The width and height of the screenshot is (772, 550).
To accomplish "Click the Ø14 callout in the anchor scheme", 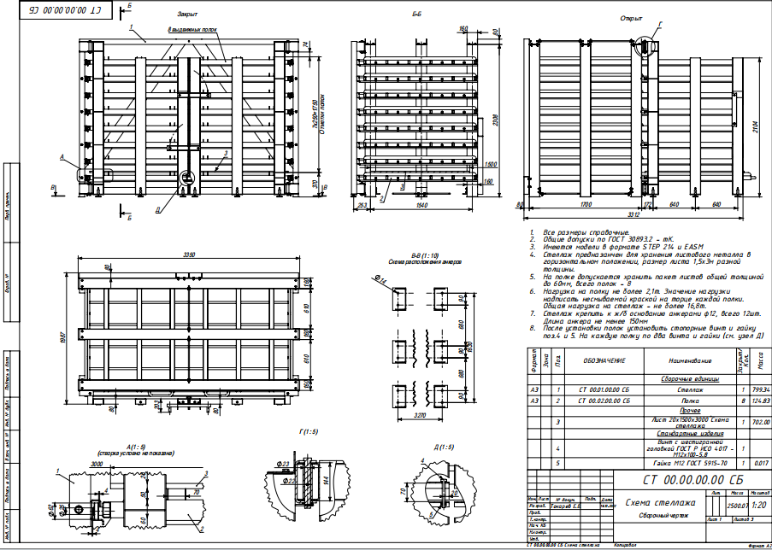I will click(380, 279).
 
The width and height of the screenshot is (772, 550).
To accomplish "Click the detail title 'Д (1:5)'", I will click(443, 447).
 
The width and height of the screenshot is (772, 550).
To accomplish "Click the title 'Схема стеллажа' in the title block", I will click(661, 503).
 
